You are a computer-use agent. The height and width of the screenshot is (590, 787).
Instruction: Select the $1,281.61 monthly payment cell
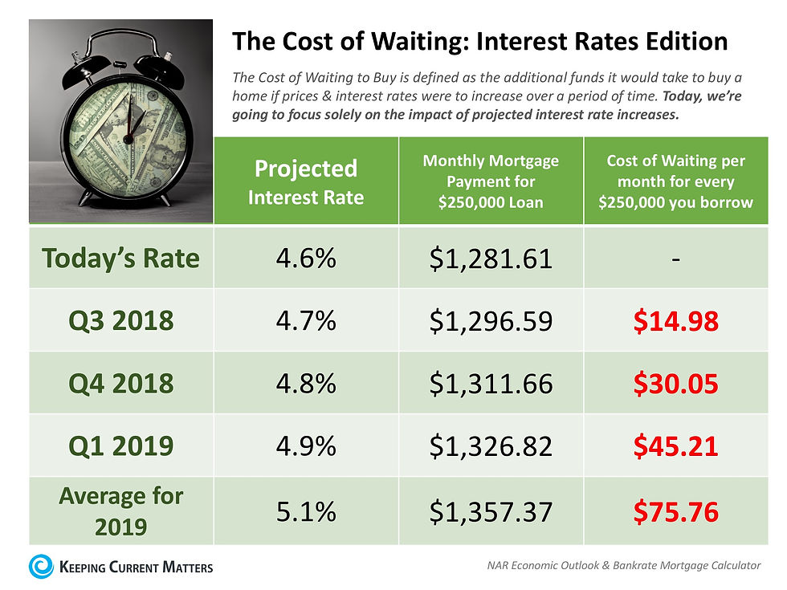(491, 258)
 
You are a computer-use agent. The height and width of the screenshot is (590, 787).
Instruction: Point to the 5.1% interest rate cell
(306, 511)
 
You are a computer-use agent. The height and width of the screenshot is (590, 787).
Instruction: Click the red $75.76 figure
(675, 511)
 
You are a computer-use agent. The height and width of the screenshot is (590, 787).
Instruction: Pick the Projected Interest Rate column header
(306, 181)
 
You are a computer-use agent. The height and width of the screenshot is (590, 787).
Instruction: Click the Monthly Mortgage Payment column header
(491, 181)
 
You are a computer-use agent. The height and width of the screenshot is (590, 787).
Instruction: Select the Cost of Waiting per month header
(675, 181)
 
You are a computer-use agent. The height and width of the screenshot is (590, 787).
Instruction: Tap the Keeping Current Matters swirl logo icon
(42, 566)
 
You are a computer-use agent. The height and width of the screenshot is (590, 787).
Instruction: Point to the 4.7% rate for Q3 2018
(306, 321)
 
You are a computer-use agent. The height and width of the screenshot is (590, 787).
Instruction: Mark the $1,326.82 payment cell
(491, 446)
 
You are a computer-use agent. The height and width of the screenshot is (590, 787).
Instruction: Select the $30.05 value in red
(675, 384)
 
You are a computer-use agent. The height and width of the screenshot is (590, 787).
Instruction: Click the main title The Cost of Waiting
(479, 42)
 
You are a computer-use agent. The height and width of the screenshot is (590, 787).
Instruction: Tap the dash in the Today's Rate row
(675, 259)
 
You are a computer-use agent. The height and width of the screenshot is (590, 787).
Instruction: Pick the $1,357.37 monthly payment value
(491, 511)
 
